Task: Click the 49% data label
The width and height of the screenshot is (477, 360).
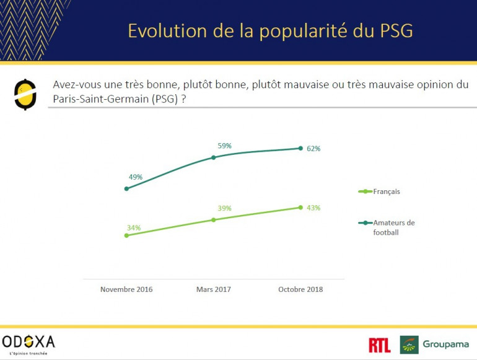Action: click(136, 177)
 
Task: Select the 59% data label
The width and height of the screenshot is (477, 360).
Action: click(224, 146)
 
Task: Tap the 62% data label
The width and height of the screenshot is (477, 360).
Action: click(313, 149)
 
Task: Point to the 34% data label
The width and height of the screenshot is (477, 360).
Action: click(133, 227)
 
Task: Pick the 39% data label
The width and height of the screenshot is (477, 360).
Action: click(224, 209)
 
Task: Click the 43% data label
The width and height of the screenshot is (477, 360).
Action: click(313, 208)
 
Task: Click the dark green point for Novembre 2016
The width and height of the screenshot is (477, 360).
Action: click(126, 189)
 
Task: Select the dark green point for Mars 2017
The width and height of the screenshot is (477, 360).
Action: click(214, 157)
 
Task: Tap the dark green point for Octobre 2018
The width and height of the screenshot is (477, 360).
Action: click(300, 148)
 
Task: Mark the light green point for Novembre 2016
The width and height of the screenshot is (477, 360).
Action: click(126, 235)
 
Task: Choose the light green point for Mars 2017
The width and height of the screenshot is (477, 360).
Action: click(214, 219)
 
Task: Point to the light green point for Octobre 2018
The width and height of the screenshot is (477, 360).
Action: click(300, 207)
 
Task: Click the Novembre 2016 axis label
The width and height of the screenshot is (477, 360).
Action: click(126, 289)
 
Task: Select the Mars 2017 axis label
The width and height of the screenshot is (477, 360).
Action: click(214, 289)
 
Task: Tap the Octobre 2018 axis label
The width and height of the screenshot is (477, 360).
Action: click(300, 289)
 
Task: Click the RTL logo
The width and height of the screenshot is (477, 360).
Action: click(379, 345)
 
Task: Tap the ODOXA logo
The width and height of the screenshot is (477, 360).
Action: click(28, 342)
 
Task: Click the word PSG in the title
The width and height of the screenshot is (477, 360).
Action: click(393, 31)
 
